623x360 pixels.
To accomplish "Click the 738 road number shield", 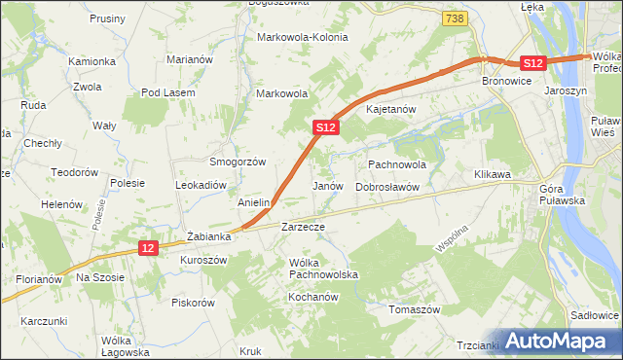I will click(453, 18).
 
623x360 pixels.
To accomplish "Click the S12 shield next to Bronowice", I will click(531, 62).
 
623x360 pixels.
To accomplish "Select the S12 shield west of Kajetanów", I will click(326, 126).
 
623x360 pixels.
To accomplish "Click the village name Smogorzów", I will click(238, 162).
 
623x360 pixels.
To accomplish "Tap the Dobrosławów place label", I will click(386, 186).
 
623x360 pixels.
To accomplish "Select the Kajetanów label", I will click(390, 109).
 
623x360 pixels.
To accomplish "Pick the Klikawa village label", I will click(493, 174).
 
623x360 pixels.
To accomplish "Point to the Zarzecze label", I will click(302, 226).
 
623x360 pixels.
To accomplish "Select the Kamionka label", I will click(92, 61).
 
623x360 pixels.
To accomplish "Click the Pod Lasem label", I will click(168, 92).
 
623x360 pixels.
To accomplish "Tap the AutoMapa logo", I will click(559, 341).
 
